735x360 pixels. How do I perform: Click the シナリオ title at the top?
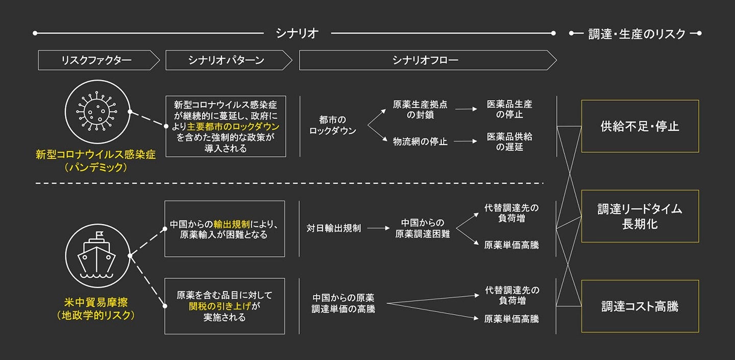pos(297,34)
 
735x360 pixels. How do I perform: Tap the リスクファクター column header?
pos(96,60)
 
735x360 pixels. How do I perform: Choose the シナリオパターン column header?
pos(226,60)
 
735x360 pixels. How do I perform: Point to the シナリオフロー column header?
pos(425,60)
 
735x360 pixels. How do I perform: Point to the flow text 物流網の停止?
pos(420,141)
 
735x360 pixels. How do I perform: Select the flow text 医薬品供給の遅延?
pos(509,142)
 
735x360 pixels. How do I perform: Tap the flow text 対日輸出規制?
pos(334,228)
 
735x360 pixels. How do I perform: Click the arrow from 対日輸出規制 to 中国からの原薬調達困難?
pos(378,228)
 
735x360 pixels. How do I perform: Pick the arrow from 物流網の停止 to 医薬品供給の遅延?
pos(465,141)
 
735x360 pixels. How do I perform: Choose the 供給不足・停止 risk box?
pos(640,126)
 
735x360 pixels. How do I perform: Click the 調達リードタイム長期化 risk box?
pos(640,216)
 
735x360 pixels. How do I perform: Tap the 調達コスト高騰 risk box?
pos(640,306)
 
